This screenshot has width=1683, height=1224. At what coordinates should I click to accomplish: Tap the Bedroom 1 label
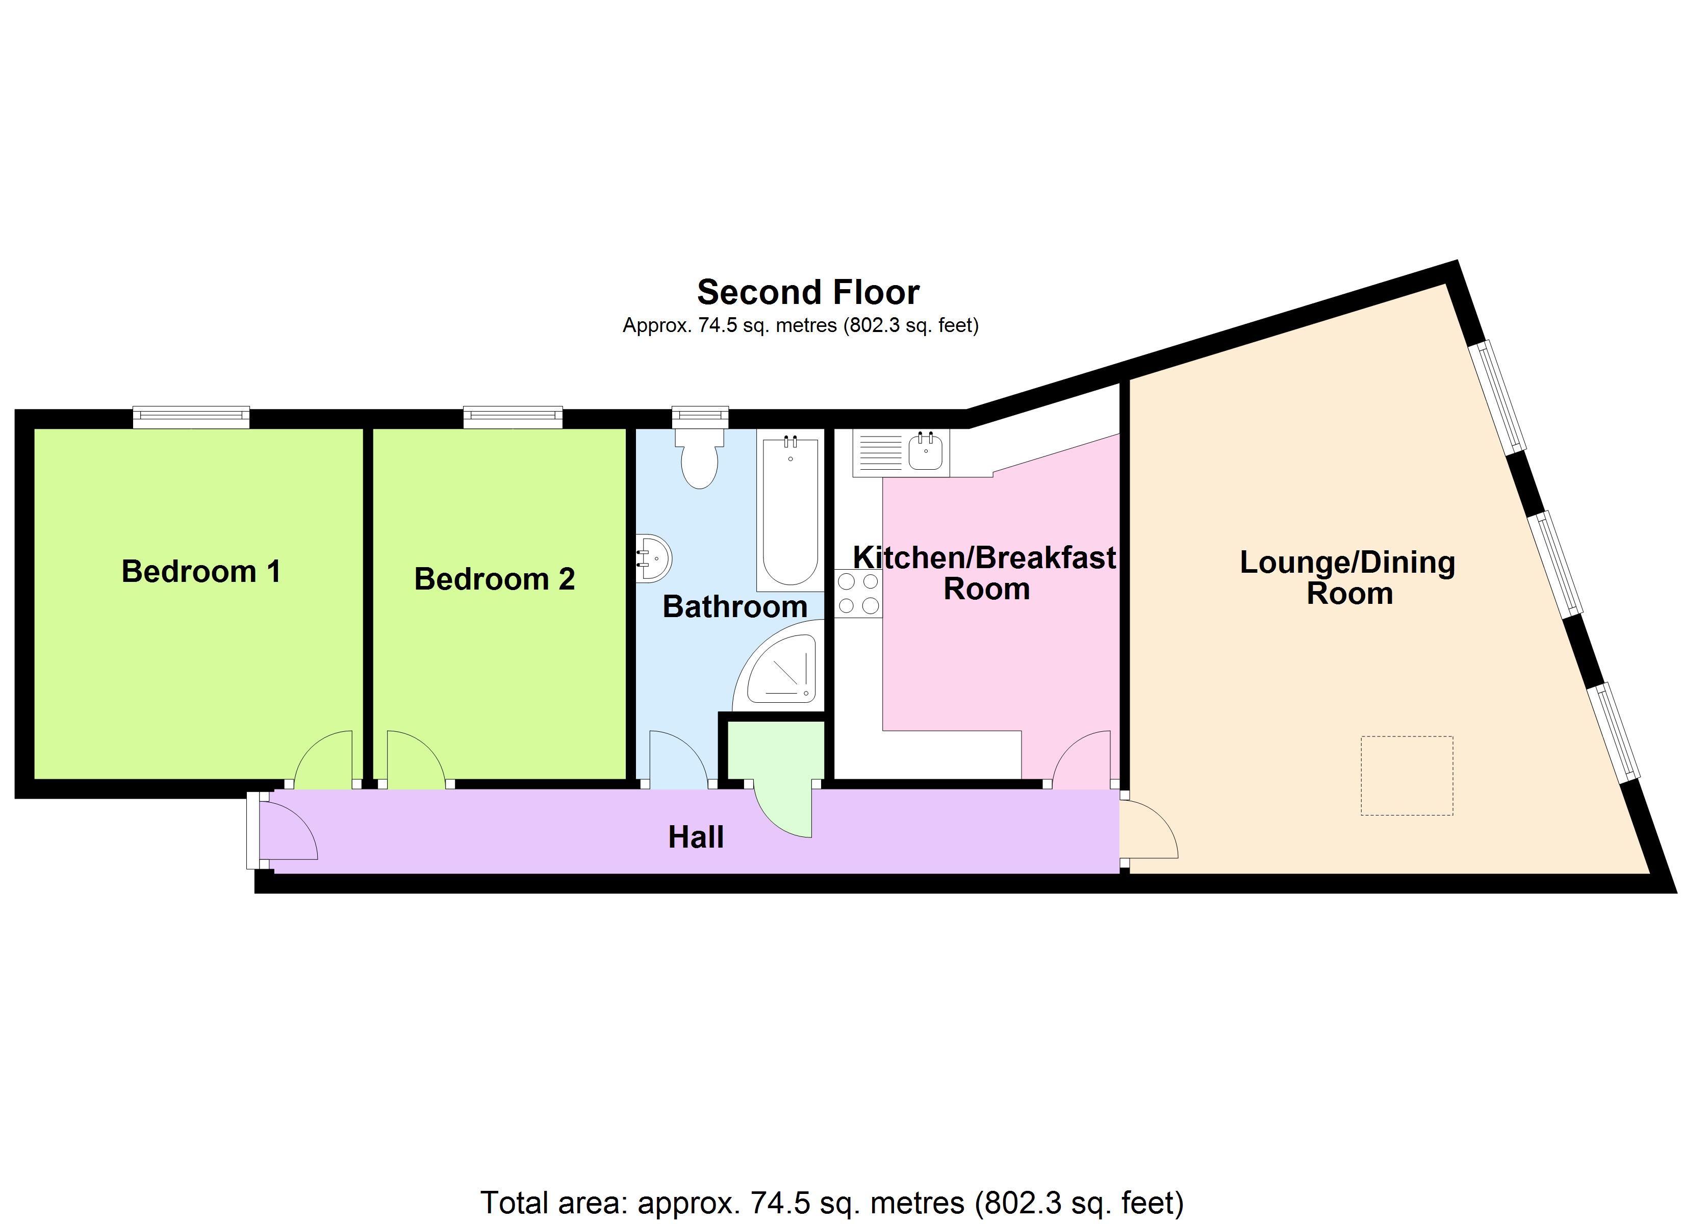click(x=201, y=572)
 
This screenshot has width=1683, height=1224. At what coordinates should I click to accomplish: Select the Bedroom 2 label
click(x=494, y=579)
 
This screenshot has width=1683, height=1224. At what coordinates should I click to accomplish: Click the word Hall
click(x=695, y=837)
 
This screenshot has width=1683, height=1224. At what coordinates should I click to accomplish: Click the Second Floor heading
click(x=808, y=292)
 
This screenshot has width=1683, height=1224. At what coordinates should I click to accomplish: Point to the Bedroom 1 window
click(x=191, y=417)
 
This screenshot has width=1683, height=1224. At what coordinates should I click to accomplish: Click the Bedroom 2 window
click(x=513, y=417)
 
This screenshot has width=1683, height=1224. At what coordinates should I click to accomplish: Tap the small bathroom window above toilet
click(x=700, y=417)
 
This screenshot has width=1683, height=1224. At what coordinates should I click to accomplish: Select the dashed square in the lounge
click(x=1406, y=776)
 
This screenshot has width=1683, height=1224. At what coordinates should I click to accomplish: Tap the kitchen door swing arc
click(x=1082, y=758)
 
